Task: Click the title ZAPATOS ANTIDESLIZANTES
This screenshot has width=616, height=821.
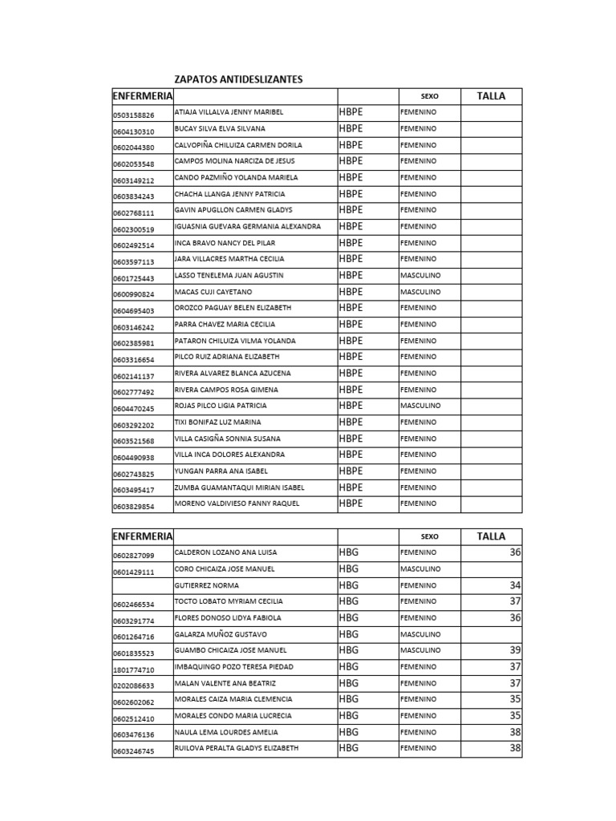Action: pos(238,79)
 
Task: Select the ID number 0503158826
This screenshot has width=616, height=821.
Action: pos(134,115)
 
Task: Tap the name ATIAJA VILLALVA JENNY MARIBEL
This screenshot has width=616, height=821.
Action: pos(229,112)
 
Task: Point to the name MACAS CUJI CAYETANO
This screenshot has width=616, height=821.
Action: pos(213,292)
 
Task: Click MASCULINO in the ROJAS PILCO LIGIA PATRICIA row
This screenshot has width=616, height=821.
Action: pos(420,406)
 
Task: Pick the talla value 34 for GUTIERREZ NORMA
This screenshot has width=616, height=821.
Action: pos(515,585)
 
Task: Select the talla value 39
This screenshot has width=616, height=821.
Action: pos(515,650)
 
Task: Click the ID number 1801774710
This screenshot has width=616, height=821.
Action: pos(134,669)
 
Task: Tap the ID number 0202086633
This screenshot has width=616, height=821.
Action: pos(134,686)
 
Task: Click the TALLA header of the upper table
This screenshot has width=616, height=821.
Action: pos(491,96)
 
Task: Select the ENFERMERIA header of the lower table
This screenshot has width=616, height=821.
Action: pos(143,536)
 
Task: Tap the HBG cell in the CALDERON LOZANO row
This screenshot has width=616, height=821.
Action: pos(349,552)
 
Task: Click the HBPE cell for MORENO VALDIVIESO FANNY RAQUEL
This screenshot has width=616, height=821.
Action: pos(351,504)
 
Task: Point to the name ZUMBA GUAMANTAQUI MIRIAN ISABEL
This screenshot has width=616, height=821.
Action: pos(239,487)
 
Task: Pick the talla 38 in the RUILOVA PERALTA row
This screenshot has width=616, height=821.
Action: pos(515,748)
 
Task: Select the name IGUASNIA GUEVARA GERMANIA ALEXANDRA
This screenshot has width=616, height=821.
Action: pos(247,227)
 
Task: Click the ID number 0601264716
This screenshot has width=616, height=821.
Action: pos(134,637)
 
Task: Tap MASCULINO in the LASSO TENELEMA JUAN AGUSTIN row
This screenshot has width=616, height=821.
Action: pos(420,275)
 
